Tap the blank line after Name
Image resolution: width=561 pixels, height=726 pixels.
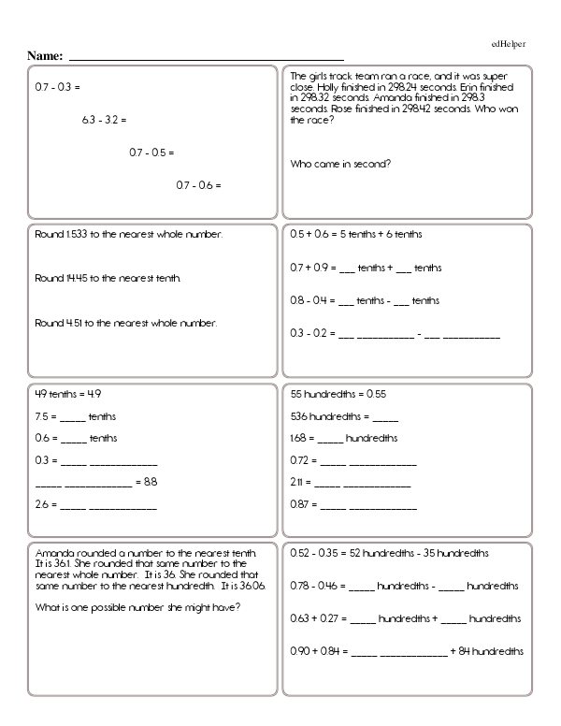tap(206, 59)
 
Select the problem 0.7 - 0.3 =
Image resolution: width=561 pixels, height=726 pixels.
tap(58, 87)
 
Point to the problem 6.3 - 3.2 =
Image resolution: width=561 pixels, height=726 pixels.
tap(104, 120)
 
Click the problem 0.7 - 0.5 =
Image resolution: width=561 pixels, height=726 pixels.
tap(151, 152)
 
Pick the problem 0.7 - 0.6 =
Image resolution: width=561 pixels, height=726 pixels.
tap(198, 185)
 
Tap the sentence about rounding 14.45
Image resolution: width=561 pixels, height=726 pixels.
tap(108, 279)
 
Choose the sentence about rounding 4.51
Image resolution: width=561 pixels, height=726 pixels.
tap(125, 324)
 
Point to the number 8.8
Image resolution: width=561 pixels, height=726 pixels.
tap(148, 484)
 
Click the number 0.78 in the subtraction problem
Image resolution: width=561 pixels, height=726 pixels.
tap(301, 586)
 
